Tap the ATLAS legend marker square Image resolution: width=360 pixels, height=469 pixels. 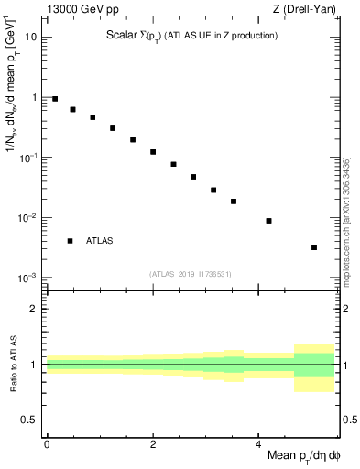coord(70,241)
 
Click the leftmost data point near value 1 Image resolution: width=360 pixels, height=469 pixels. coord(55,99)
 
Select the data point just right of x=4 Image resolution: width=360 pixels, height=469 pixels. coord(268,221)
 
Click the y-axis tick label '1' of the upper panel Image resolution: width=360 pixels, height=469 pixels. coord(34,97)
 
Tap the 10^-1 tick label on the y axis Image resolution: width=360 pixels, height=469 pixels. coord(28,157)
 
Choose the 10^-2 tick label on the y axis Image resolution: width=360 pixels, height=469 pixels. coord(28,217)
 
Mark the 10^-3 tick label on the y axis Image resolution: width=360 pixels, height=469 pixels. coord(28,277)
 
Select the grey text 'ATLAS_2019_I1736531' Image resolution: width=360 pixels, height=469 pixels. coord(191,273)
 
